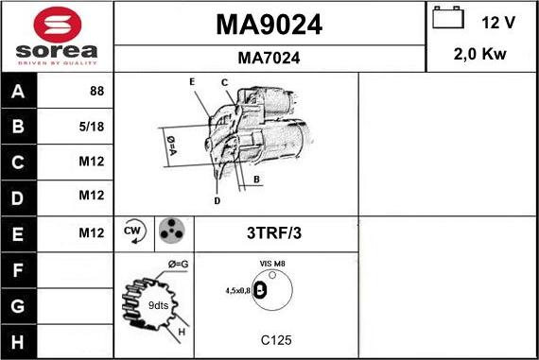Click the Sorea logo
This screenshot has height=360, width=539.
click(x=56, y=37)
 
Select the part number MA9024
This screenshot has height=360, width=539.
click(x=269, y=26)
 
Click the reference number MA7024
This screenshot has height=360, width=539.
click(x=269, y=58)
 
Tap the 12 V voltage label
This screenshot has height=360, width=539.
click(x=497, y=22)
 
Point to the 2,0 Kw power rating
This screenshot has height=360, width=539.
click(x=481, y=54)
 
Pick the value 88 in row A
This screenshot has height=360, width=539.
click(x=96, y=92)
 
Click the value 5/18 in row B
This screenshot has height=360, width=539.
click(x=93, y=126)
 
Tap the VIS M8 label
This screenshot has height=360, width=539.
click(x=274, y=266)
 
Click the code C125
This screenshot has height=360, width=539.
click(x=274, y=338)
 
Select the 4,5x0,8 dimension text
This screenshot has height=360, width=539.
click(x=238, y=291)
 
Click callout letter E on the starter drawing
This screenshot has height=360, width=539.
click(x=192, y=82)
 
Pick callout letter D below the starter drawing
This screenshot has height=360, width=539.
click(x=217, y=200)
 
